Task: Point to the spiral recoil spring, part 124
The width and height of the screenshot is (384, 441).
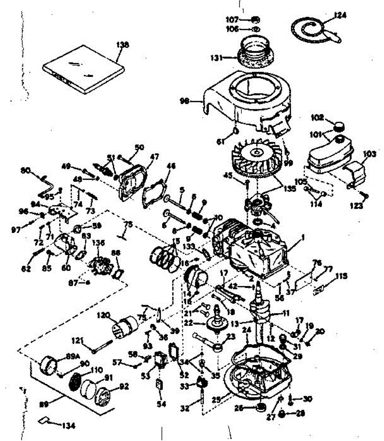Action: pos(311,29)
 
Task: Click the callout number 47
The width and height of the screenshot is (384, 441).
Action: pos(155,157)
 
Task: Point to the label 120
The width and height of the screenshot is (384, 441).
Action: pos(104,315)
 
